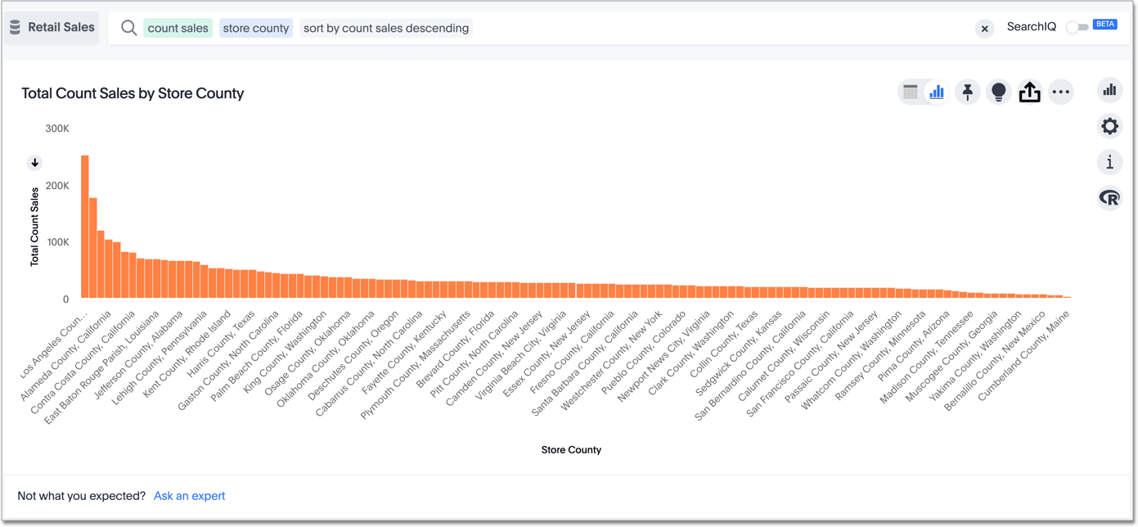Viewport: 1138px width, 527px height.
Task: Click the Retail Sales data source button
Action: coord(52,28)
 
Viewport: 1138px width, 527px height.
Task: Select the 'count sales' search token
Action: coord(178,28)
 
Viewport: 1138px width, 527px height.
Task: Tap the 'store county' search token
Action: coord(256,28)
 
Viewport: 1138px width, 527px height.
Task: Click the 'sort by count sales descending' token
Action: coord(386,28)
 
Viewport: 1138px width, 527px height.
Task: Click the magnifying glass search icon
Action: coord(128,28)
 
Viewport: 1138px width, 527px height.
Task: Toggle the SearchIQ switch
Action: coord(1077,27)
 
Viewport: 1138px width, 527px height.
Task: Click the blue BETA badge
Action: coord(1105,25)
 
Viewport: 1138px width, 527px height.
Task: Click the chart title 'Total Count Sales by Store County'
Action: coord(133,93)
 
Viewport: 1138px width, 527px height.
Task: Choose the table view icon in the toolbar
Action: coord(910,92)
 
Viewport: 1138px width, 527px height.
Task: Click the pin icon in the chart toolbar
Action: coord(967,92)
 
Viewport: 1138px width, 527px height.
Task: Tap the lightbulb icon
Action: coord(998,92)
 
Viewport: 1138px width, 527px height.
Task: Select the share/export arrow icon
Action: coord(1029,92)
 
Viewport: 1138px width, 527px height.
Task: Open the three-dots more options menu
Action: coord(1060,92)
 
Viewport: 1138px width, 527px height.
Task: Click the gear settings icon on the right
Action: coord(1109,126)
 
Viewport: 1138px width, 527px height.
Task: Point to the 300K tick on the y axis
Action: coord(57,128)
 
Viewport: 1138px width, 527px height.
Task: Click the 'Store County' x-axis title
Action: coord(571,450)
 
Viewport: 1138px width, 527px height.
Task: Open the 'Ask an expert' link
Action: coord(189,496)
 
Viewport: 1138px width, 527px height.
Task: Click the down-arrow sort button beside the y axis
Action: coord(35,163)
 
